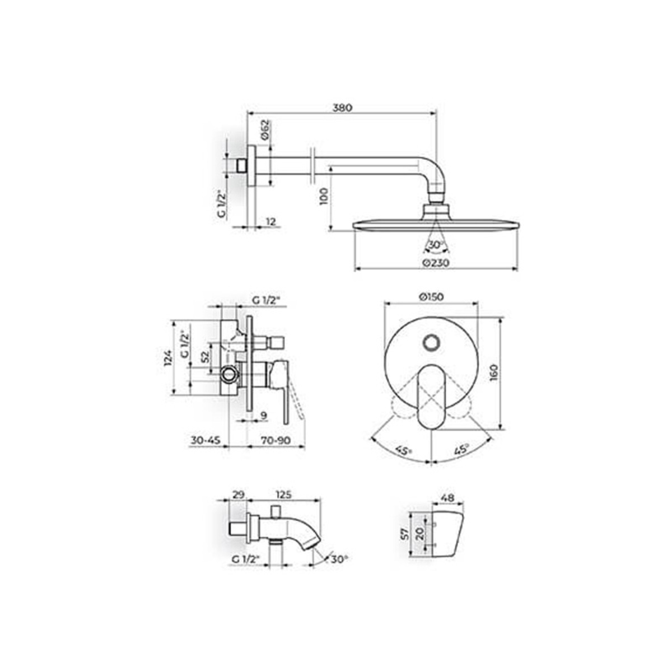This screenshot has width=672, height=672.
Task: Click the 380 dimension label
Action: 343,108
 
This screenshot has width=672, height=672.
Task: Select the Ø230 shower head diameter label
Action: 435,263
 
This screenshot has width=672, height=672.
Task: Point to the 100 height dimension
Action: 324,197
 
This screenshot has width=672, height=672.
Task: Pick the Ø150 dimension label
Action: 431,297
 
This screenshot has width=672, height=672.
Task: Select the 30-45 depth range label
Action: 206,440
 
